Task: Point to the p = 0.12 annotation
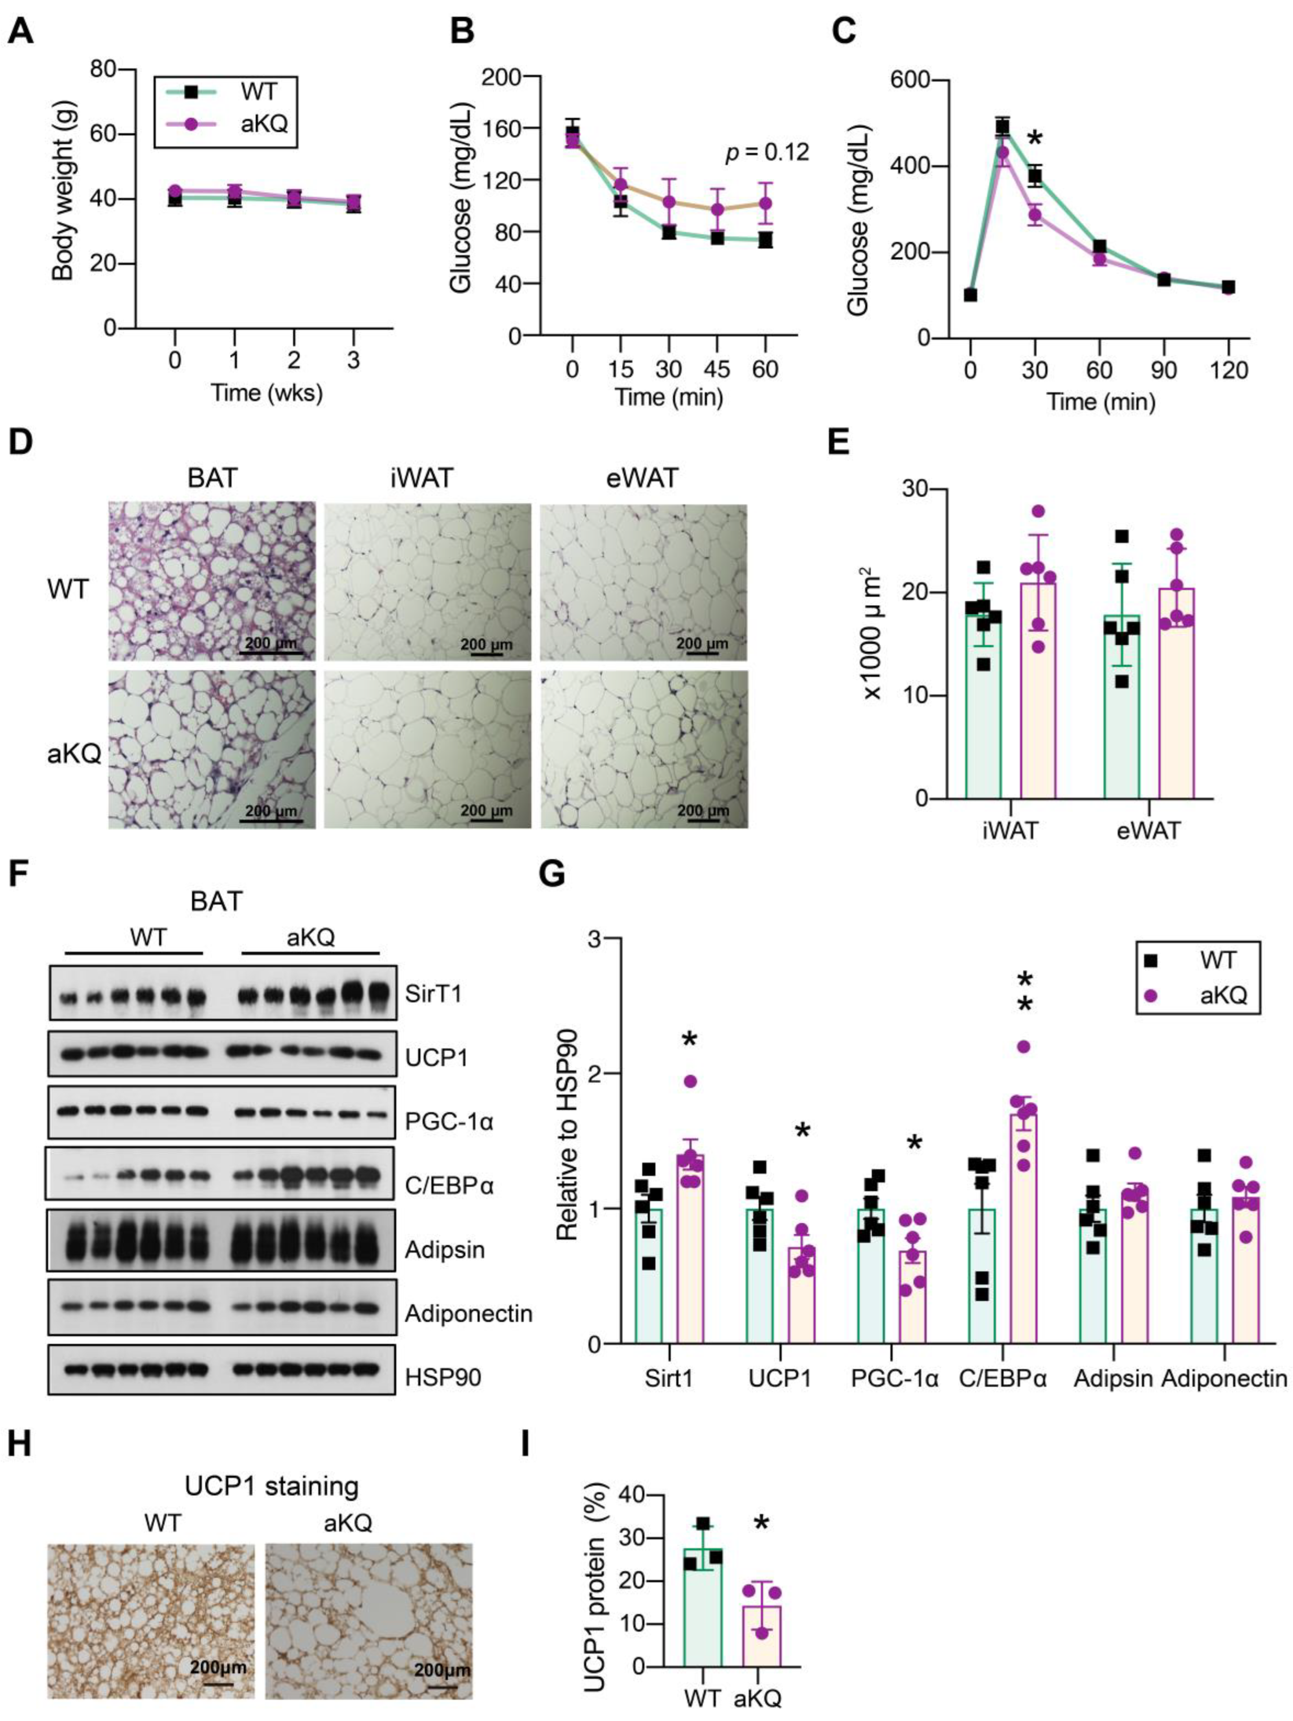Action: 766,152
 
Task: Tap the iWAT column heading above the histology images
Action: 421,477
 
